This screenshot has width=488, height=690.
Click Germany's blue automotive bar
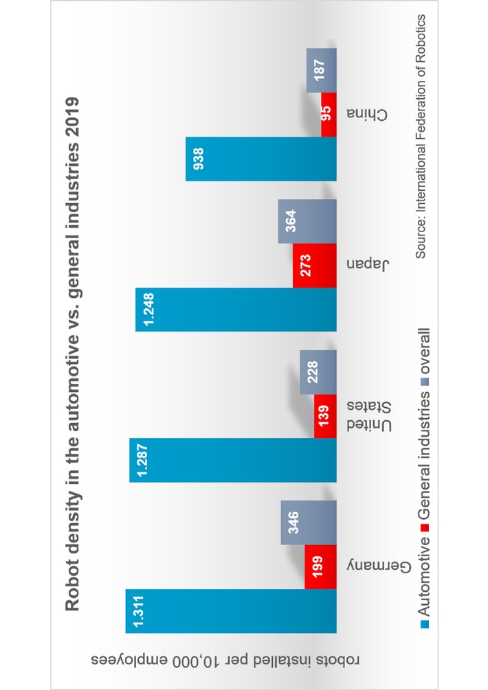point(230,610)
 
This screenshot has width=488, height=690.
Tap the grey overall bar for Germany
point(309,522)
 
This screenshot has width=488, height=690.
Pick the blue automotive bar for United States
point(233,460)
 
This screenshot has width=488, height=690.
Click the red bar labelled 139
point(325,416)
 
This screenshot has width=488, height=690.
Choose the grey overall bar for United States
point(318,372)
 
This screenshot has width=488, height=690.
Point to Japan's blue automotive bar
point(236,310)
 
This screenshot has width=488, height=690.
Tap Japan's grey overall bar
point(307,222)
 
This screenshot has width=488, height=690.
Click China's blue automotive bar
point(261,159)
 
